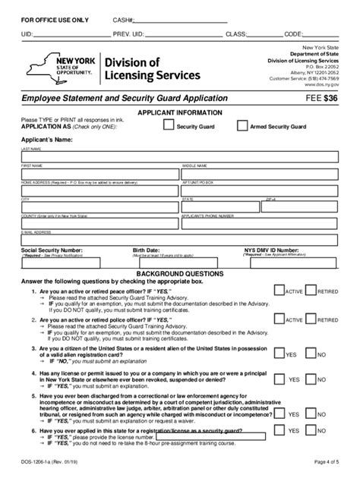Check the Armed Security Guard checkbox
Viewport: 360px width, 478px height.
tap(242, 127)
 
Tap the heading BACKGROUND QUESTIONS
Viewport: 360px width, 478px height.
tap(179, 272)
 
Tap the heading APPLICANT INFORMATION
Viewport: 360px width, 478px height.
tap(179, 112)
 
